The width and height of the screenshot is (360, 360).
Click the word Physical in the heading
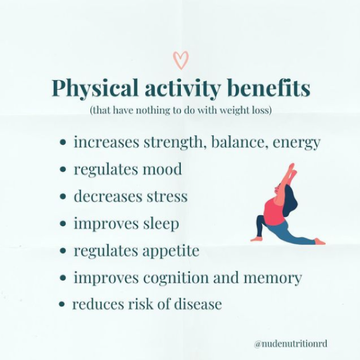pos(95,89)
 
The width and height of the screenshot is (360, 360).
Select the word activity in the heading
pos(183,89)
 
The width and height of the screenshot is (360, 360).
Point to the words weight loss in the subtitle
pos(246,110)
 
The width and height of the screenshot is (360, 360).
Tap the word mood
pos(163,169)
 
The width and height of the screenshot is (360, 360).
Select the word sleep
pos(161,224)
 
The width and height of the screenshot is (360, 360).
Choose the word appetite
pos(171,251)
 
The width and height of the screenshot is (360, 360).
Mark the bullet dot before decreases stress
pos(62,197)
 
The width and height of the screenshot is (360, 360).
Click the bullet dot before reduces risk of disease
pos(62,304)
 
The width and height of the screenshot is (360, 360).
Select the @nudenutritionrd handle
pos(290,344)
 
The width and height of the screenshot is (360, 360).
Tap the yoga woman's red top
pos(274,212)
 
